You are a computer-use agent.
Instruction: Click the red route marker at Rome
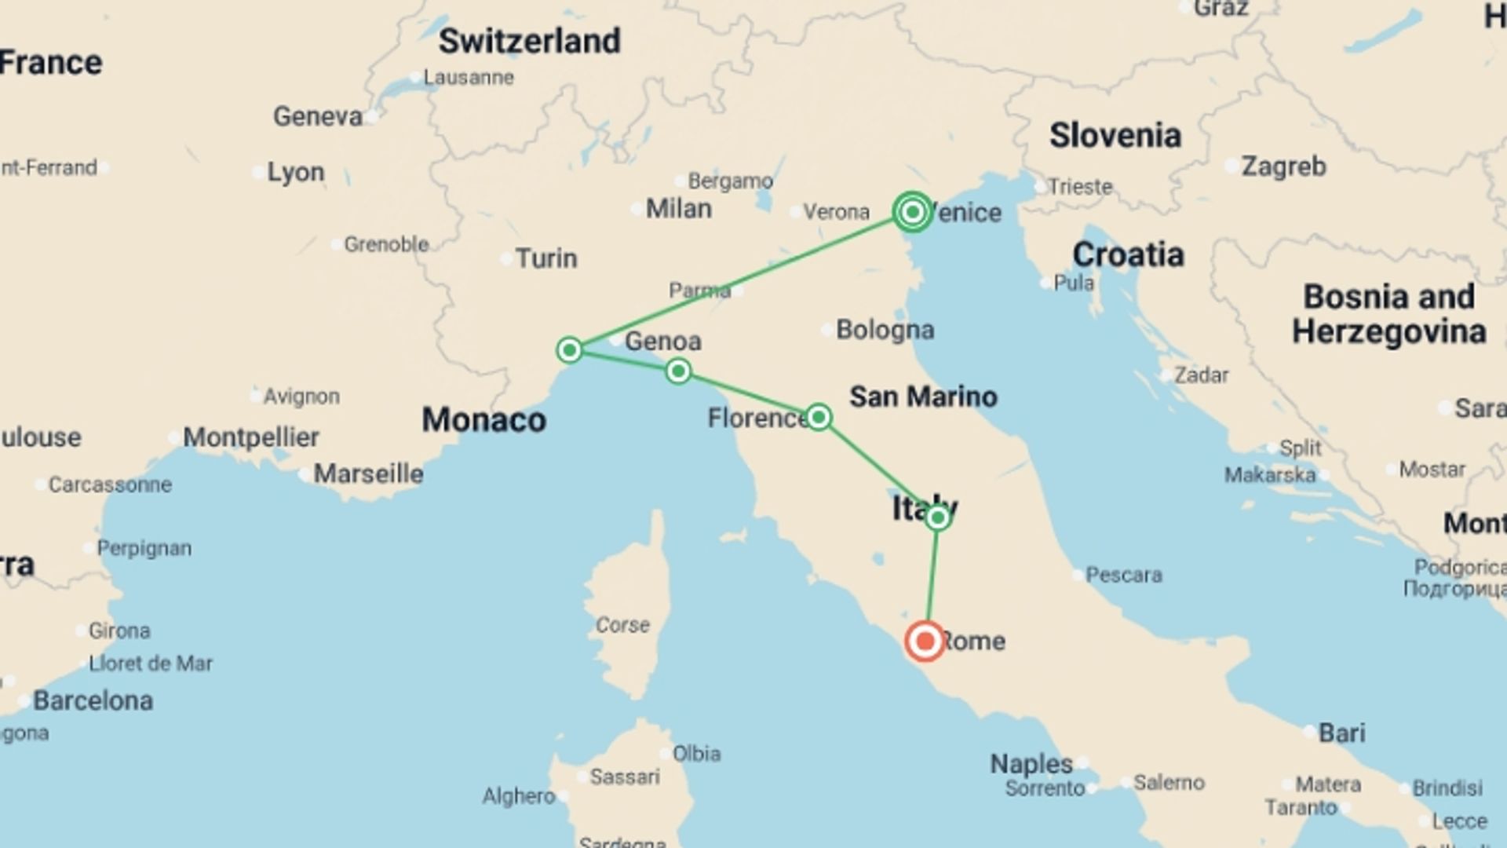click(x=925, y=641)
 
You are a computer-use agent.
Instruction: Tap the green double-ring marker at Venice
click(x=912, y=211)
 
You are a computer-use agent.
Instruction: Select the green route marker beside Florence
click(x=819, y=417)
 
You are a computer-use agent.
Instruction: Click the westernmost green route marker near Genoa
click(x=569, y=349)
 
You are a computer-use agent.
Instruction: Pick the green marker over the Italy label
click(x=937, y=517)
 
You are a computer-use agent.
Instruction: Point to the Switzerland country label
click(x=529, y=41)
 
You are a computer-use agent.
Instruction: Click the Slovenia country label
click(x=1115, y=136)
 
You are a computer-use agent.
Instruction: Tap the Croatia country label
click(x=1128, y=254)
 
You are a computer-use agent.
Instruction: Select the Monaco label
click(x=483, y=420)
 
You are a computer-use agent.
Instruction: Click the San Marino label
click(x=923, y=397)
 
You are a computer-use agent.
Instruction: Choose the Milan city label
click(x=678, y=209)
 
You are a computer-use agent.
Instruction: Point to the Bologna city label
click(x=885, y=330)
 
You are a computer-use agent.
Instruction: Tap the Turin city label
click(x=546, y=258)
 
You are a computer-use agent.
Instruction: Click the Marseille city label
click(x=368, y=474)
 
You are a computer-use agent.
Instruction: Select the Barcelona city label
click(x=93, y=700)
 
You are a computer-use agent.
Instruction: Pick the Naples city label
click(x=1031, y=763)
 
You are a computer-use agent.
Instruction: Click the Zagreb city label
click(x=1283, y=166)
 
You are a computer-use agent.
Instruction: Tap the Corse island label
click(x=622, y=625)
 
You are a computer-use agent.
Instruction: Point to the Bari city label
click(x=1341, y=733)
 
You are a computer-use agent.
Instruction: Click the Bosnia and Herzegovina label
click(x=1388, y=314)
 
